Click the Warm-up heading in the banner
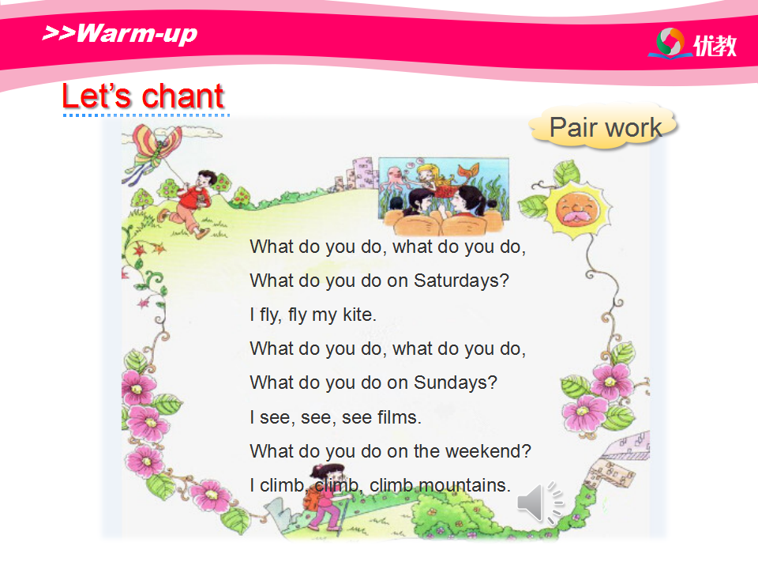[x=120, y=33]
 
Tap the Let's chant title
[x=143, y=96]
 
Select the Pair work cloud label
[x=605, y=127]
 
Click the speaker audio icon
[x=540, y=503]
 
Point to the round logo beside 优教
[x=670, y=42]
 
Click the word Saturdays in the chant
[x=461, y=281]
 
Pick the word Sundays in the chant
[x=456, y=382]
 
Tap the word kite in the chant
[x=359, y=315]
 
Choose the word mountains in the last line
[x=464, y=484]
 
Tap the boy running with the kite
[x=189, y=204]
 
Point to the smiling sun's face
[x=577, y=210]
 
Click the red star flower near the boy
[x=140, y=250]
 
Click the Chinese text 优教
[x=715, y=46]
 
